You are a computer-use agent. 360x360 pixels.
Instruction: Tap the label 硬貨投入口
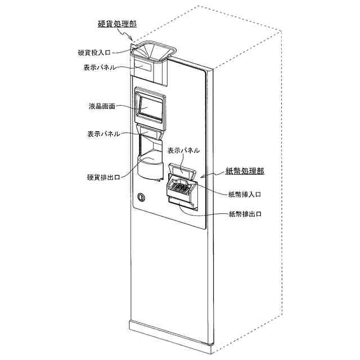click(x=96, y=53)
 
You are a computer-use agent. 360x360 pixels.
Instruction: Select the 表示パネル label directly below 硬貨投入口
click(x=100, y=67)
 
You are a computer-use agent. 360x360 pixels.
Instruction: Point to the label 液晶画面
click(x=102, y=106)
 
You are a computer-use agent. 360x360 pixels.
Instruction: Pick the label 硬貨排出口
click(x=104, y=177)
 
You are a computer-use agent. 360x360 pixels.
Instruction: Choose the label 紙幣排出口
click(x=245, y=214)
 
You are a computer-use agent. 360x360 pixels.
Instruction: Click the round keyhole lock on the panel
click(x=141, y=197)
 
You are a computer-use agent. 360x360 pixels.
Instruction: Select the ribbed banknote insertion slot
click(x=180, y=187)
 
